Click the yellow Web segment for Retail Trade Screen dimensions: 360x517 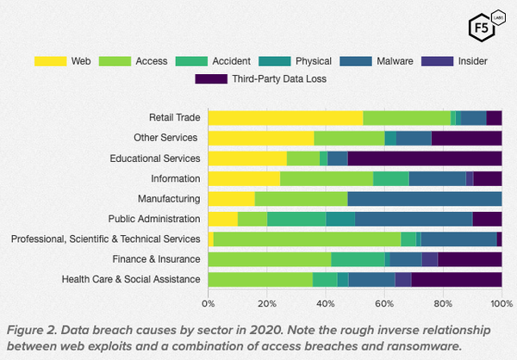(x=285, y=118)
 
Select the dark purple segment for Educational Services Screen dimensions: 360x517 (x=425, y=158)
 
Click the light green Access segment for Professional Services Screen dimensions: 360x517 (x=307, y=239)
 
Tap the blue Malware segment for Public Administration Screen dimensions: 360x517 (x=414, y=219)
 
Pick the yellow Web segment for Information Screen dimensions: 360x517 (x=244, y=178)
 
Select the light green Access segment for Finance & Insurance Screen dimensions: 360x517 (x=269, y=259)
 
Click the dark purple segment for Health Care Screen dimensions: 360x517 (x=457, y=279)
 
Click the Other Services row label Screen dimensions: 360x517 (x=166, y=138)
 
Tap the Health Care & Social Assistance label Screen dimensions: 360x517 (x=132, y=279)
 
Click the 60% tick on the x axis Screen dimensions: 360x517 (x=384, y=303)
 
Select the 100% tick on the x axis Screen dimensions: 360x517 (x=500, y=303)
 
